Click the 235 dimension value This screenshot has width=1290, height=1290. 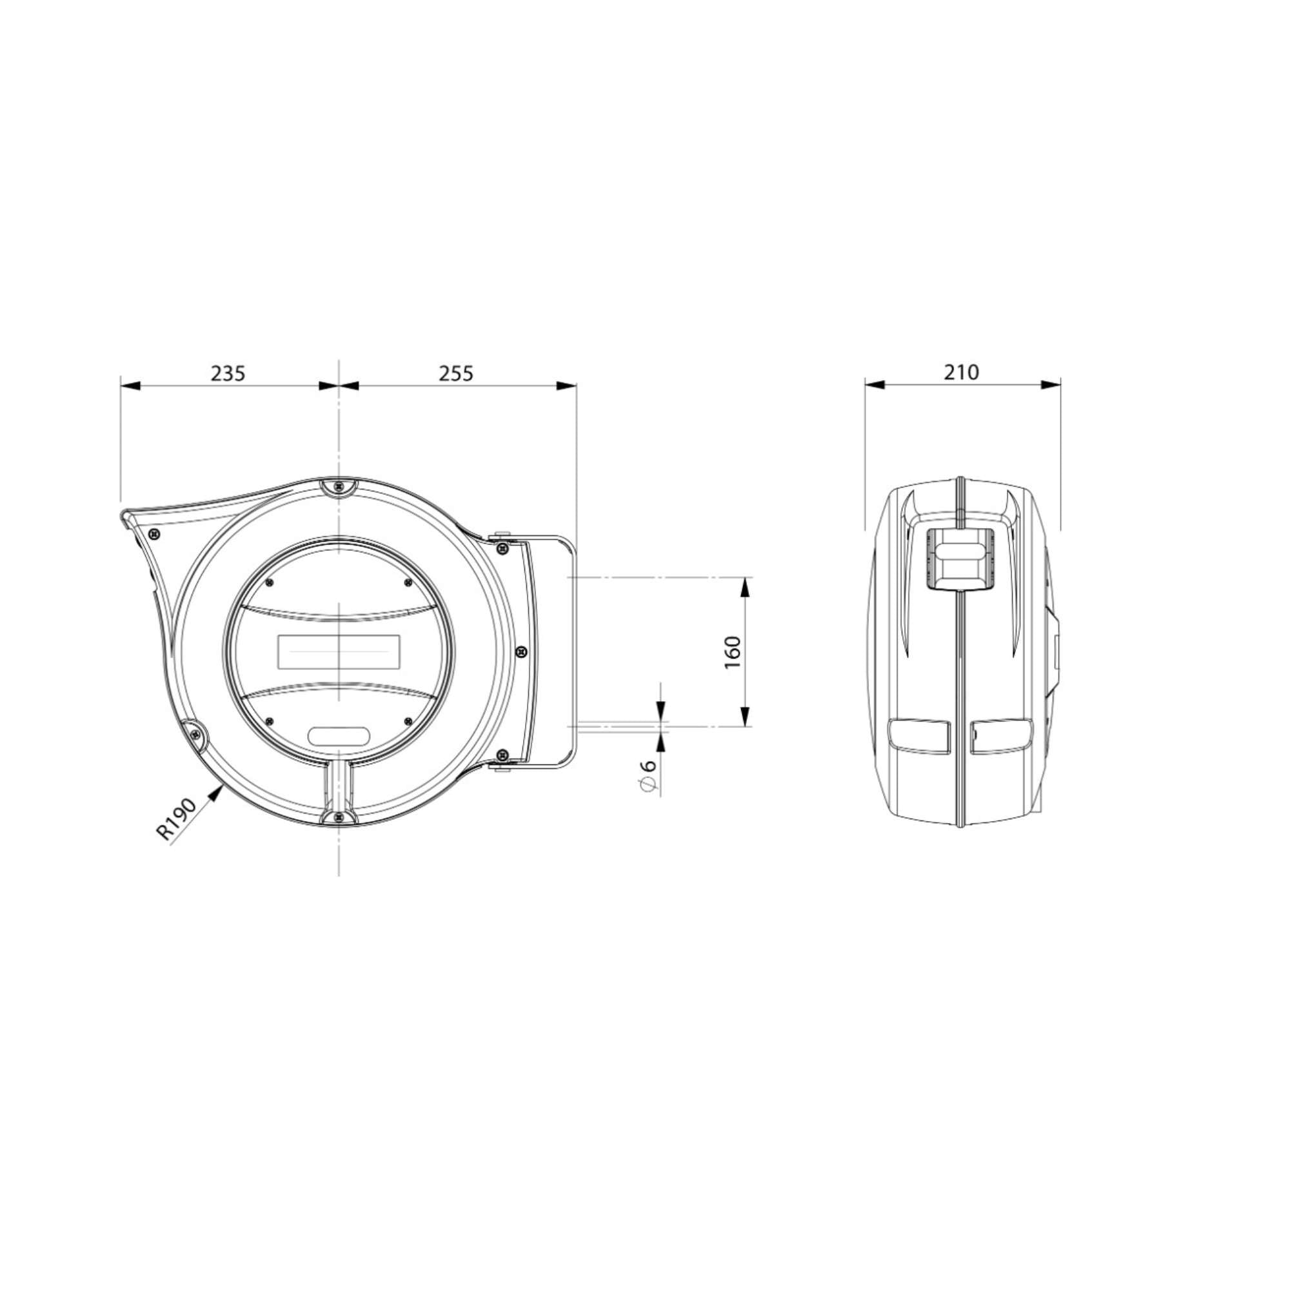pyautogui.click(x=228, y=373)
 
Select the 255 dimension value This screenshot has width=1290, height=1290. pyautogui.click(x=456, y=373)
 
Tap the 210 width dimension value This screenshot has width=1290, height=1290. pyautogui.click(x=962, y=372)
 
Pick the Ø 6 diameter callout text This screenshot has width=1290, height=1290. pyautogui.click(x=648, y=776)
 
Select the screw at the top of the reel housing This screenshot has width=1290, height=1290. pyautogui.click(x=340, y=487)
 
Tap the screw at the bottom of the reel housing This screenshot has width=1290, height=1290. pyautogui.click(x=340, y=817)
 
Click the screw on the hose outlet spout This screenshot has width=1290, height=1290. pyautogui.click(x=155, y=534)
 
